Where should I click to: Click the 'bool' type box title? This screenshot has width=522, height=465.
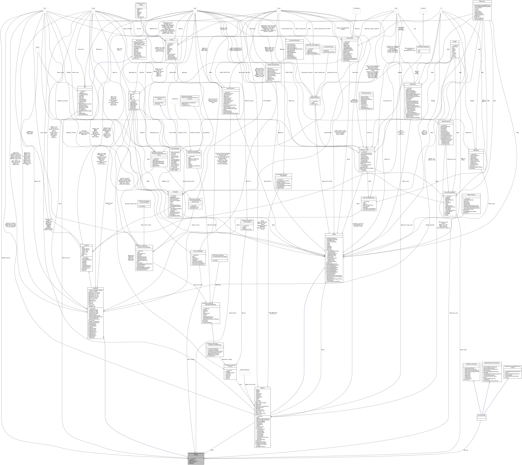point(45,8)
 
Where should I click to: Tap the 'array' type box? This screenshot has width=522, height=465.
point(195,8)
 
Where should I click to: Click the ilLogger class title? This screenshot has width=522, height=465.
point(455,41)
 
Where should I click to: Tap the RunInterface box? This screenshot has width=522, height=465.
point(357,8)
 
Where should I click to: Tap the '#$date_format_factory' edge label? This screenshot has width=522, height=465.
point(250,384)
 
